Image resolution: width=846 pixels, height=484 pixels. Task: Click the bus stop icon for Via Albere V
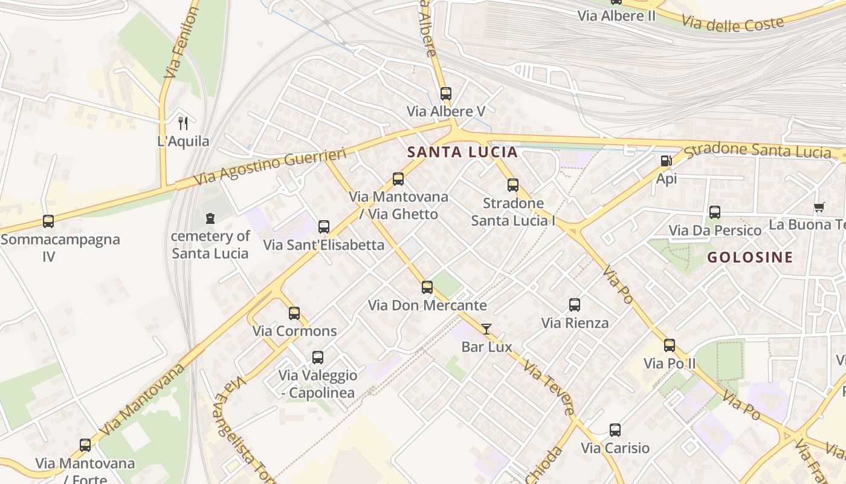point(445,94)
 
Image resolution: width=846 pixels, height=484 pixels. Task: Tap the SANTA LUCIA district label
point(462,152)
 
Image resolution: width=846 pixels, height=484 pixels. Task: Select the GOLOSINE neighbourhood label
point(750,257)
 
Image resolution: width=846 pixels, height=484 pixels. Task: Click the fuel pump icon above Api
point(666,161)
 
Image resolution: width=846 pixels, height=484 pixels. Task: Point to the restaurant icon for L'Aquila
point(183,123)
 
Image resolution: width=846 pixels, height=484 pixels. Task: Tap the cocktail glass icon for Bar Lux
point(486,329)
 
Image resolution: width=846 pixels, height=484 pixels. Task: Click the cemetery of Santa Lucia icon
point(210,218)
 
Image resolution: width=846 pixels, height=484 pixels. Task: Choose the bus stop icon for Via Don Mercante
point(427,287)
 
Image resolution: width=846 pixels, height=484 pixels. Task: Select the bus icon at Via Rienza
point(575,305)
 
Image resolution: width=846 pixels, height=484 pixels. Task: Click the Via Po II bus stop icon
point(670,345)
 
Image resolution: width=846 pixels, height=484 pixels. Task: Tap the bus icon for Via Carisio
point(615,430)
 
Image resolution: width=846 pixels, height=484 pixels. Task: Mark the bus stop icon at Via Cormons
point(294,313)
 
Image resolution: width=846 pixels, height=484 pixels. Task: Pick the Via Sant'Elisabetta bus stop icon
point(324,227)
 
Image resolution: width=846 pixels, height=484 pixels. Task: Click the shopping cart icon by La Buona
point(819,208)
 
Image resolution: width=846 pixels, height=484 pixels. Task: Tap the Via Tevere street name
point(549,388)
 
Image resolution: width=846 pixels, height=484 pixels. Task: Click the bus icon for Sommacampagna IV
point(48,221)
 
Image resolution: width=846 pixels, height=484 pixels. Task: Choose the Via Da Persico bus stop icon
point(715,212)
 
